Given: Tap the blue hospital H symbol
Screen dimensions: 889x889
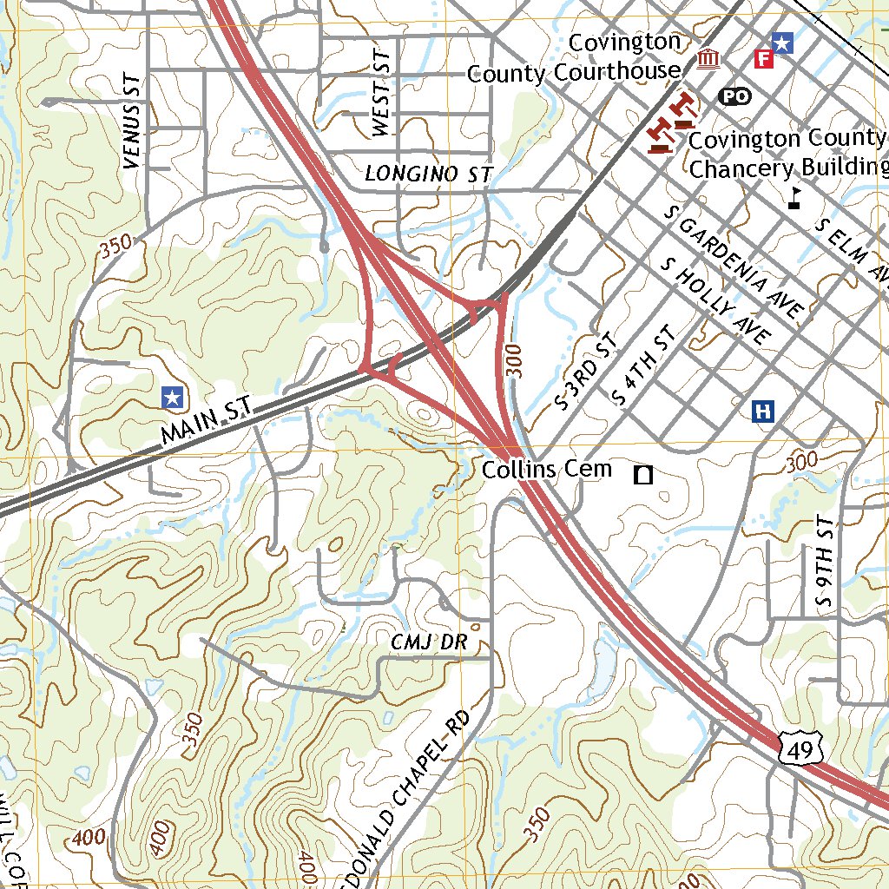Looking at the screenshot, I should pyautogui.click(x=764, y=411).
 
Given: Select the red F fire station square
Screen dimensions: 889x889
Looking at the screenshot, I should pyautogui.click(x=764, y=58).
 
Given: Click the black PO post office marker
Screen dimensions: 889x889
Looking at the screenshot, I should pyautogui.click(x=734, y=96).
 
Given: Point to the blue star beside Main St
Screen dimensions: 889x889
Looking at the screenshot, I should pyautogui.click(x=173, y=397).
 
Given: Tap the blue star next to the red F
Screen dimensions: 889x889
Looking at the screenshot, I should pyautogui.click(x=783, y=43).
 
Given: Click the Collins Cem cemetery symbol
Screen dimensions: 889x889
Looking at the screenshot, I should pyautogui.click(x=644, y=474).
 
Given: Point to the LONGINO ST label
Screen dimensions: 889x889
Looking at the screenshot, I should pyautogui.click(x=428, y=174).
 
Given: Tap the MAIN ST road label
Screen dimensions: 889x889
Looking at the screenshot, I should pyautogui.click(x=206, y=422).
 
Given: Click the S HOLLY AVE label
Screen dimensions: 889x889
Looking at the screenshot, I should pyautogui.click(x=714, y=300).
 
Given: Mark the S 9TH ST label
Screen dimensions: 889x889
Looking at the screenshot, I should pyautogui.click(x=824, y=563).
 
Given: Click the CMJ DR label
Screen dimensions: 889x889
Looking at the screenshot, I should pyautogui.click(x=429, y=642).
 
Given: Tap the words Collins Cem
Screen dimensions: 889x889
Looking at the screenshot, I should pyautogui.click(x=546, y=470).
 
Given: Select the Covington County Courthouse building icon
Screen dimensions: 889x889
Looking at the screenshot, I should pyautogui.click(x=708, y=59).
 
